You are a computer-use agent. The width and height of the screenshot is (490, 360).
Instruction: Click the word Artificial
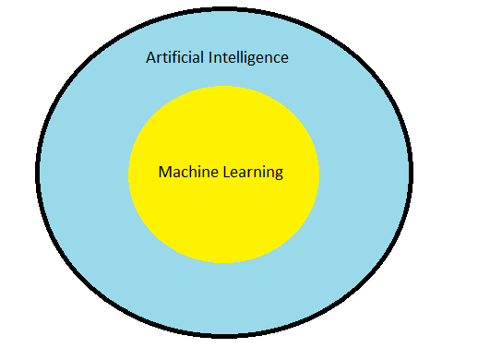pos(173,57)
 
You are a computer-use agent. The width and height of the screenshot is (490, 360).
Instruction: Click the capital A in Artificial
pos(151,57)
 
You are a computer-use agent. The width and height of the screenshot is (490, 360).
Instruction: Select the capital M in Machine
pos(164,172)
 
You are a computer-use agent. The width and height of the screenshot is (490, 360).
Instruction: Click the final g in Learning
pos(278,174)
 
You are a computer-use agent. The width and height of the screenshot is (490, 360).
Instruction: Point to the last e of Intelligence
pos(284,58)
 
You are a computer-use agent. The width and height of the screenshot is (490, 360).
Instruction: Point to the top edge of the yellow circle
pos(223,86)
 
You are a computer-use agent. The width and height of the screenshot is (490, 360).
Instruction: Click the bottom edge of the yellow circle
pos(223,263)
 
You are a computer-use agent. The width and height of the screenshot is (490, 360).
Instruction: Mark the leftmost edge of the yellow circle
pos(129,174)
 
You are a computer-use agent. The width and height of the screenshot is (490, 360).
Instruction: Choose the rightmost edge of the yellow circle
pos(318,174)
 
